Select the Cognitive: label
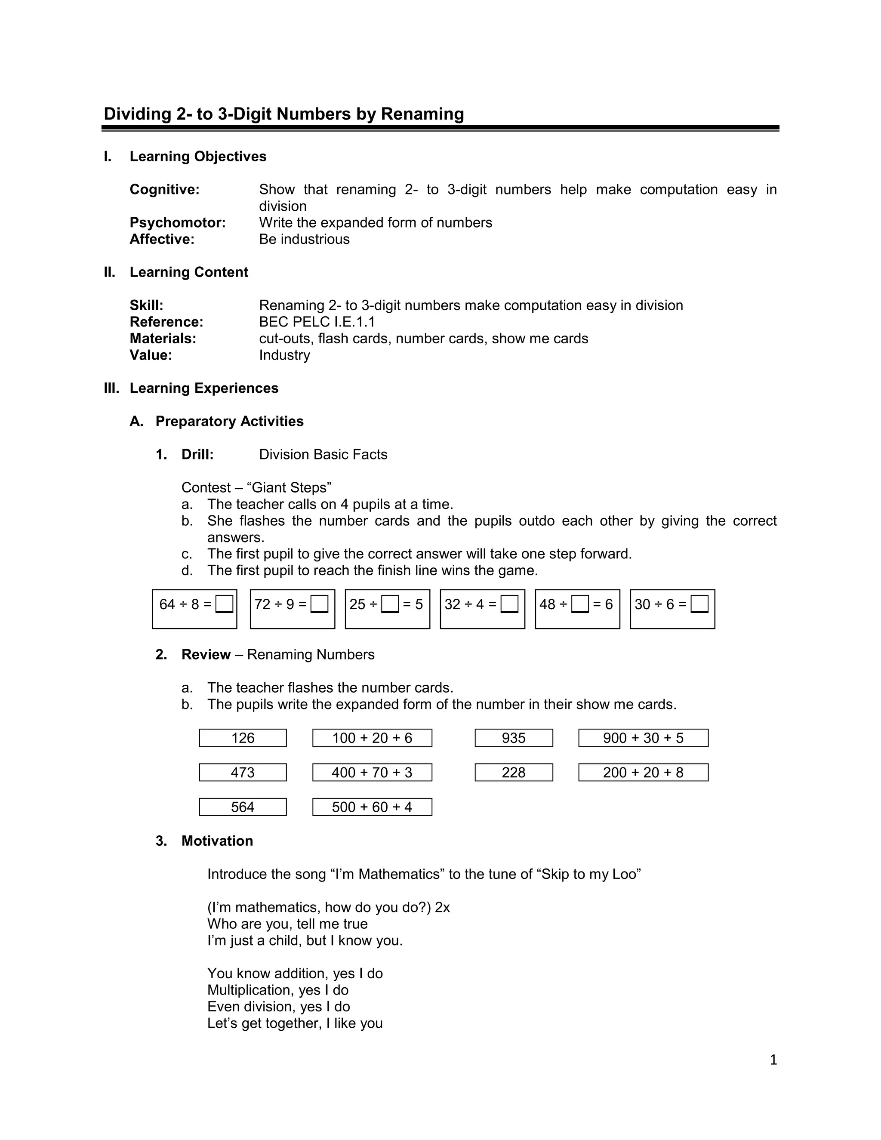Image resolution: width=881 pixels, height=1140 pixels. pyautogui.click(x=164, y=189)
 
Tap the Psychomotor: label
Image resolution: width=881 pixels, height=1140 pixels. pyautogui.click(x=178, y=223)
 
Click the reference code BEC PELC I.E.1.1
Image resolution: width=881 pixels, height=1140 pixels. pyautogui.click(x=317, y=322)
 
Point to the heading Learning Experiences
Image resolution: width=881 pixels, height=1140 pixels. pyautogui.click(x=203, y=388)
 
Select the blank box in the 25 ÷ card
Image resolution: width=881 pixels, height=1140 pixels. pyautogui.click(x=390, y=604)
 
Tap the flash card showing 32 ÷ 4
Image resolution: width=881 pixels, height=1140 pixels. pyautogui.click(x=482, y=609)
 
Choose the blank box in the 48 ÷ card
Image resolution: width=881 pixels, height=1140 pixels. pyautogui.click(x=580, y=604)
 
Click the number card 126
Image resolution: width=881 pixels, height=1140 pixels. pyautogui.click(x=243, y=738)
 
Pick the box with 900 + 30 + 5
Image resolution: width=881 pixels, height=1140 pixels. pyautogui.click(x=643, y=738)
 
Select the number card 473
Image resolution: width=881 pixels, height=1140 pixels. pyautogui.click(x=243, y=773)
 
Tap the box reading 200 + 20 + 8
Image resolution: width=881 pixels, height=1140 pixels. pyautogui.click(x=643, y=773)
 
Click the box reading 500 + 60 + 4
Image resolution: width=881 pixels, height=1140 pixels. pyautogui.click(x=372, y=807)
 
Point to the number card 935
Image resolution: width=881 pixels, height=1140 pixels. pyautogui.click(x=514, y=738)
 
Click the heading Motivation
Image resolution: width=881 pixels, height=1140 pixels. pyautogui.click(x=217, y=841)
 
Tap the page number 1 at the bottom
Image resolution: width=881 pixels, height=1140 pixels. pyautogui.click(x=773, y=1060)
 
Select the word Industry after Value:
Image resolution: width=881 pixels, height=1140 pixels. pyautogui.click(x=284, y=355)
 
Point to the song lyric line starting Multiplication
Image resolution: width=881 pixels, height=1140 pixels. pyautogui.click(x=277, y=990)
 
